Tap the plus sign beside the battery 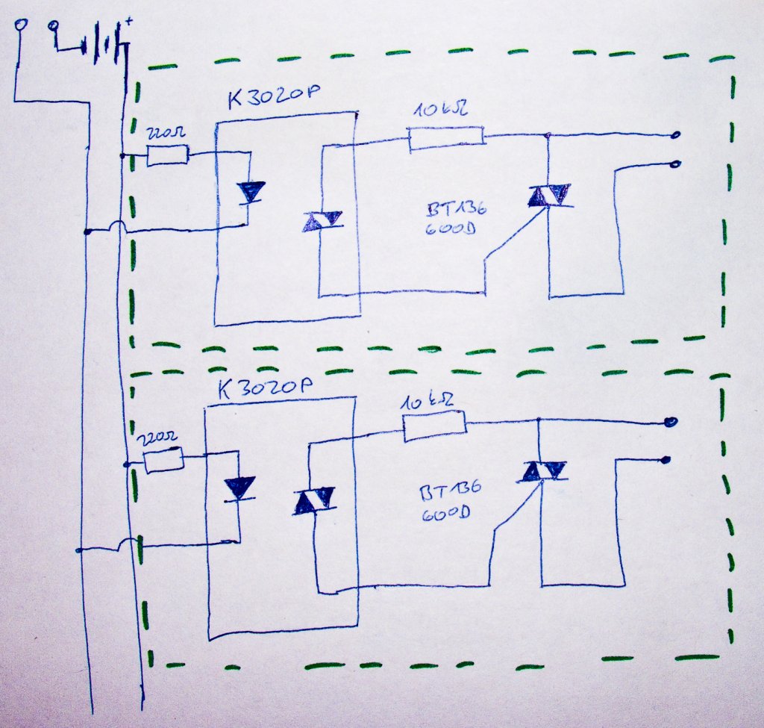pos(130,23)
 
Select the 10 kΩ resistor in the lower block pos(434,426)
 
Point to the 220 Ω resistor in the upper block pos(167,156)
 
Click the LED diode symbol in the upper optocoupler pos(250,193)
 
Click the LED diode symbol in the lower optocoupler pos(239,488)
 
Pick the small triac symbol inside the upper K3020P pos(322,221)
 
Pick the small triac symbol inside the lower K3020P pos(314,501)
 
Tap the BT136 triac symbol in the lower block pos(542,471)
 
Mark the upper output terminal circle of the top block pos(675,135)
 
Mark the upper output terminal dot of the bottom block pos(671,422)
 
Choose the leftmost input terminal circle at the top pos(20,25)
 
